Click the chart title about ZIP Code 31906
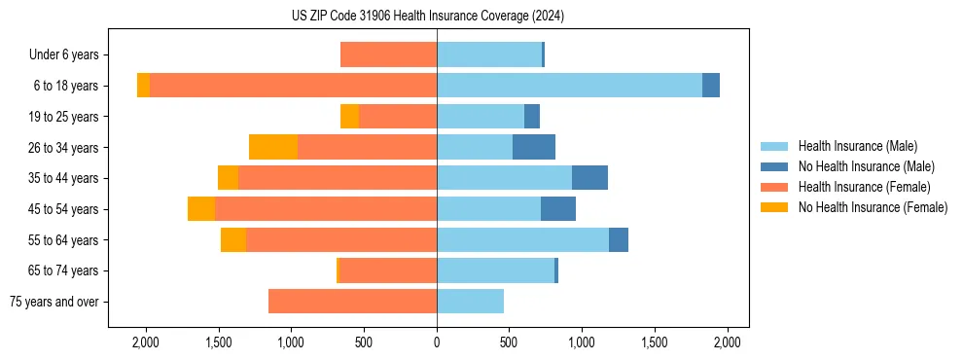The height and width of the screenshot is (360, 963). pos(428,16)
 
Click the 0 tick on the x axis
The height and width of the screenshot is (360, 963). pos(437,342)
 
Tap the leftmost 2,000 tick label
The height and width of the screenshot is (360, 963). pos(146,342)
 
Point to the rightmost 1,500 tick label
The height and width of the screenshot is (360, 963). pos(655,342)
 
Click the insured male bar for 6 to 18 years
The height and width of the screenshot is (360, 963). pos(569,85)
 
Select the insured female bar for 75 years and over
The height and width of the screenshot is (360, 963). pos(352,302)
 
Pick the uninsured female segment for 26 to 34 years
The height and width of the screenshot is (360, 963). pos(273,147)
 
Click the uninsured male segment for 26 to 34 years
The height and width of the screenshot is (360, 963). pos(534,147)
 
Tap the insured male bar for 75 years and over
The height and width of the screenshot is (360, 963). pos(470,302)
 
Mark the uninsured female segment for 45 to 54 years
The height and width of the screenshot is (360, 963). pos(201,208)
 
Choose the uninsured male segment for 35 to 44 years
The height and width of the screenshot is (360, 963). pos(589,177)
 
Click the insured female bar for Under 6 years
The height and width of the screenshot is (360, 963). pos(388,54)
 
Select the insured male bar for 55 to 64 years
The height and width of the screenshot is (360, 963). pos(522,239)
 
